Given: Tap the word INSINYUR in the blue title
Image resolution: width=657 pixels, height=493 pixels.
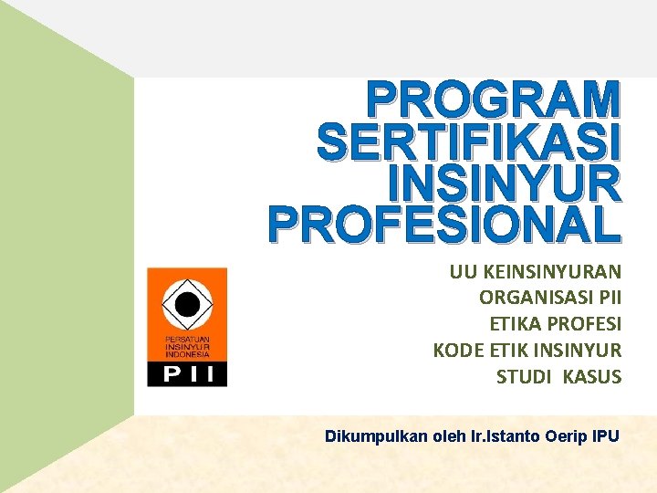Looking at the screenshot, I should coord(504,184).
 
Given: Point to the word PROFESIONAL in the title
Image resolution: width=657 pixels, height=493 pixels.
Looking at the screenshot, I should coord(444,226).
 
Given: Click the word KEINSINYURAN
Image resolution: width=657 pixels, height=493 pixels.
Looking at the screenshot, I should coord(549,271).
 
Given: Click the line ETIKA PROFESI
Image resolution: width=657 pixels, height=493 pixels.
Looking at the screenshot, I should coord(556,324).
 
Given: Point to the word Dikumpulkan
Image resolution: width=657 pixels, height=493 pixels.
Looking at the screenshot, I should coord(377,436).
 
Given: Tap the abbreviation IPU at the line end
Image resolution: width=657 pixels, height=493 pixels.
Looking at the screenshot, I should coord(605,436).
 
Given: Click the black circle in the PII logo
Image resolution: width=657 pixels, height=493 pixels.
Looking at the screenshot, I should coord(187,305).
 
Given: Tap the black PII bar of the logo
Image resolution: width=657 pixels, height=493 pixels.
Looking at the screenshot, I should coord(187,372).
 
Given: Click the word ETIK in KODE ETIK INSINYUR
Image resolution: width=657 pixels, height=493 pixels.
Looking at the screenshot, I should coord(509,351).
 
